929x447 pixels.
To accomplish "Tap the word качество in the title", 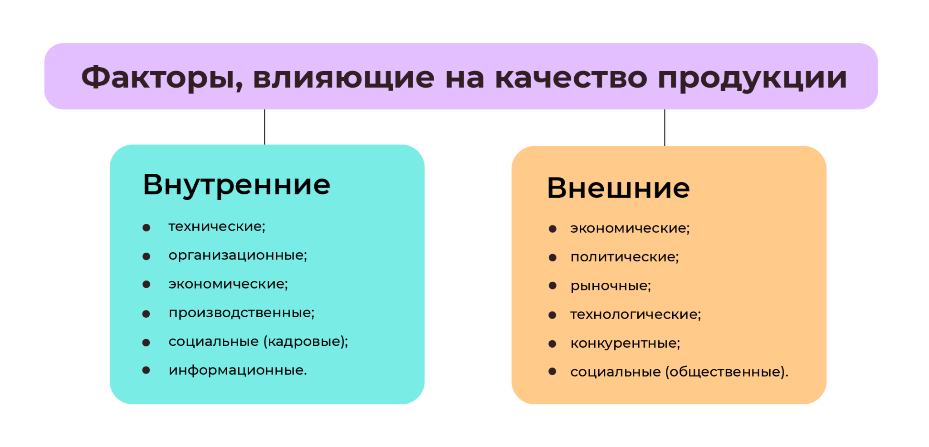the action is coord(571,77).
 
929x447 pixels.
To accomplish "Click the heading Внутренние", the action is coord(236,185).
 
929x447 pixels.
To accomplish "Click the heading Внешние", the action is coord(618,188).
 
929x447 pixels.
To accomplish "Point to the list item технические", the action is coord(217,226).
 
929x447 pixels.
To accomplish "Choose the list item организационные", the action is coord(238,255).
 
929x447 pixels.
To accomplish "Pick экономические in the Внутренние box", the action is coord(228,284).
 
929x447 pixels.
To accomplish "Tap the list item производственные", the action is coord(241,313).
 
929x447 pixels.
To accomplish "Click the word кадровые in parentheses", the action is coord(303,341).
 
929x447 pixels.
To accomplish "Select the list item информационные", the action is coord(238,370).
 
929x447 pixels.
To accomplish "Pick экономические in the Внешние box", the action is coord(630,228).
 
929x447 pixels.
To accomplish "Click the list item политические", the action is coord(625,257).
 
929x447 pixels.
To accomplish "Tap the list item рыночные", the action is coord(611,286).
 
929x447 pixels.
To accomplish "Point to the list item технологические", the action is coord(636,314).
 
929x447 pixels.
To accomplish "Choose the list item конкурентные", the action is coord(625,344).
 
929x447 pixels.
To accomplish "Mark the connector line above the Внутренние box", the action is coord(265,127).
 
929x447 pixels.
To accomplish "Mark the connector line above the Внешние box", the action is coord(665,128).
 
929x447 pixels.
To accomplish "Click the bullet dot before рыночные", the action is coord(553,286).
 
